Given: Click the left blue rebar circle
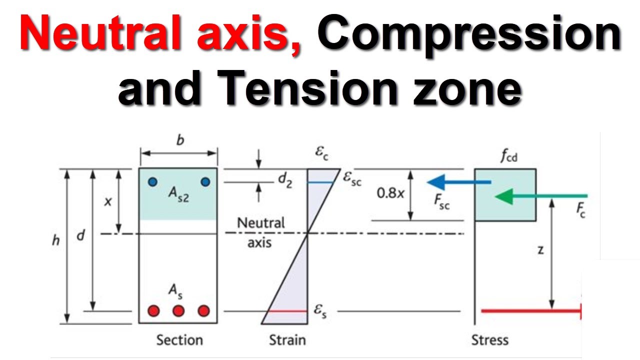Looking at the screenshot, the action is click(x=153, y=182).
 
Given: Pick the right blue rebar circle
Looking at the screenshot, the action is click(x=205, y=182).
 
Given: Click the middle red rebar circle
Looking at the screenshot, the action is click(x=178, y=311).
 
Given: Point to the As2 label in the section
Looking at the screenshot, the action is click(x=179, y=195).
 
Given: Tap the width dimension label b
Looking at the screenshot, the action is click(x=180, y=140).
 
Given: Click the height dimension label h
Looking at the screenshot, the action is click(x=55, y=240).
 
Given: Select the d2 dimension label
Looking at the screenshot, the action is click(x=285, y=180).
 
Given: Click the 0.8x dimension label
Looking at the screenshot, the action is click(x=390, y=193).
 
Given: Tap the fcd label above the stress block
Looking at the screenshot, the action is click(x=509, y=156).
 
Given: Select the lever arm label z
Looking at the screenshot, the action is click(x=540, y=250).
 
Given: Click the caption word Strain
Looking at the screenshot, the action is click(x=287, y=340).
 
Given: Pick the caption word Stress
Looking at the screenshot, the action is click(x=490, y=340).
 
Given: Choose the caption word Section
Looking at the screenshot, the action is click(x=179, y=340).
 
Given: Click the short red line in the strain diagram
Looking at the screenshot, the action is click(x=287, y=311).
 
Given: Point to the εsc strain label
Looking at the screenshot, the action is click(x=352, y=179).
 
